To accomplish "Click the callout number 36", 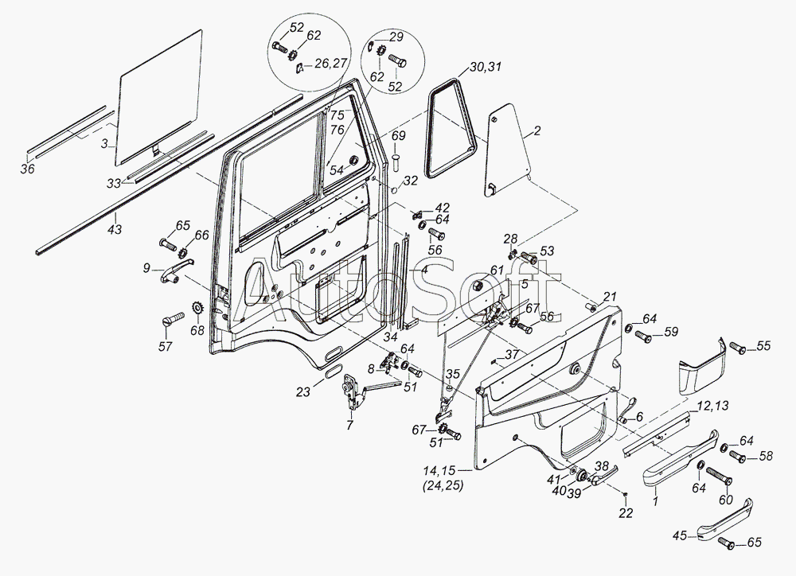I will point(28,168).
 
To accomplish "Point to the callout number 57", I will point(166,347).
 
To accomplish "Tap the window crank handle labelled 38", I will point(602,476).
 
